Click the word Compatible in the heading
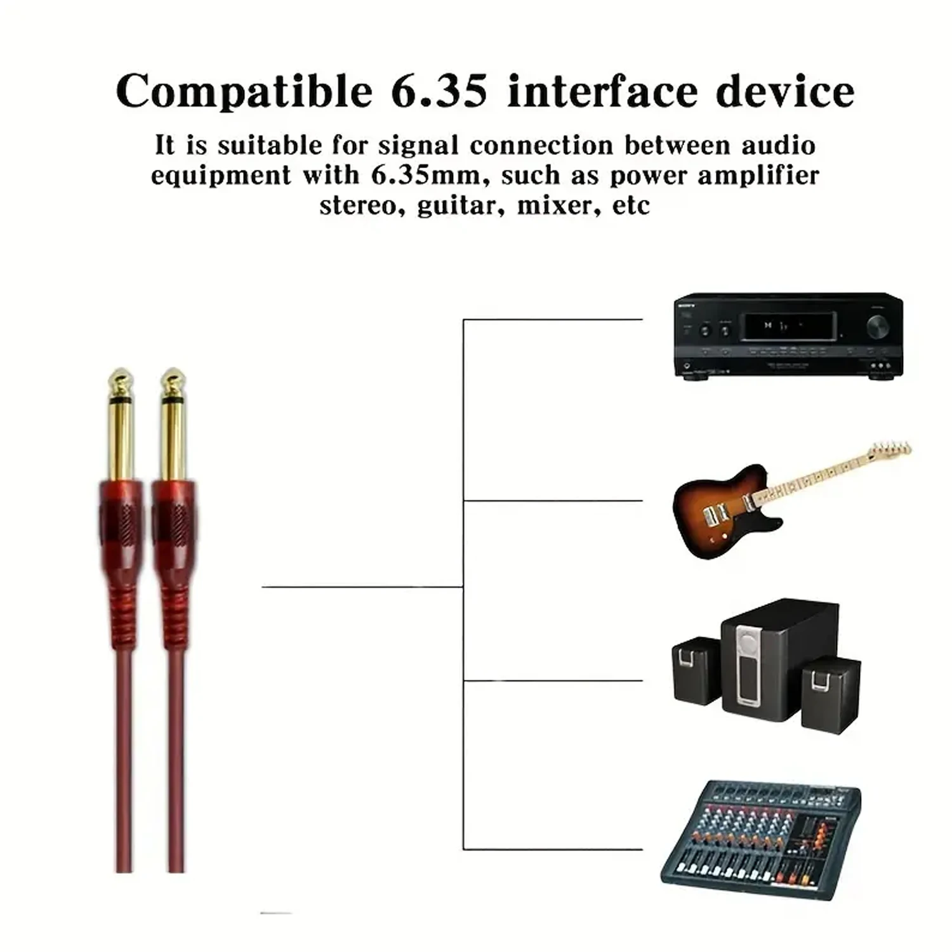(244, 92)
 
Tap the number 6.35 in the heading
(439, 92)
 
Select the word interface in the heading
(602, 92)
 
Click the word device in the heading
(785, 92)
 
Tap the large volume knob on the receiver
(877, 326)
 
